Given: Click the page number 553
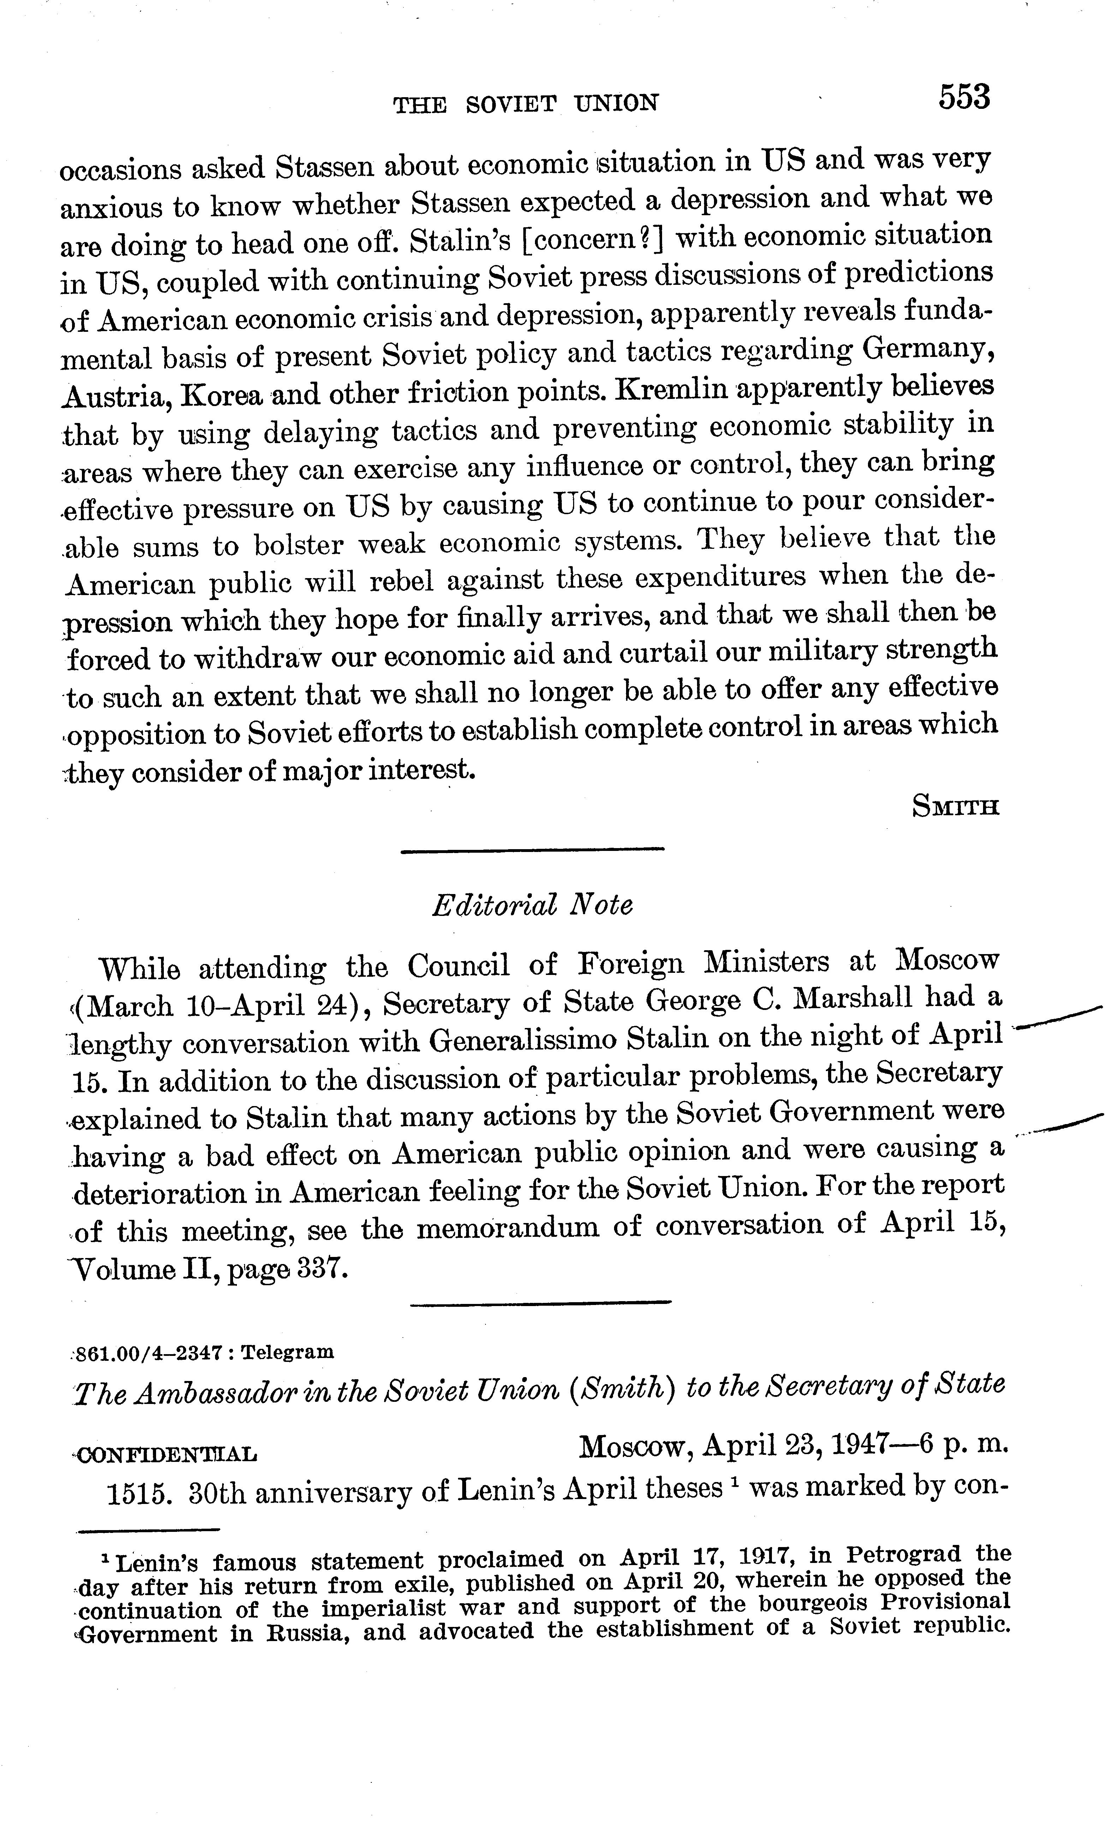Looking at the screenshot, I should [x=964, y=98].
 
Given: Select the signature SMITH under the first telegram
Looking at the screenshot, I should [x=954, y=807].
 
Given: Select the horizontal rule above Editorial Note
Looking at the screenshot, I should [x=532, y=850].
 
